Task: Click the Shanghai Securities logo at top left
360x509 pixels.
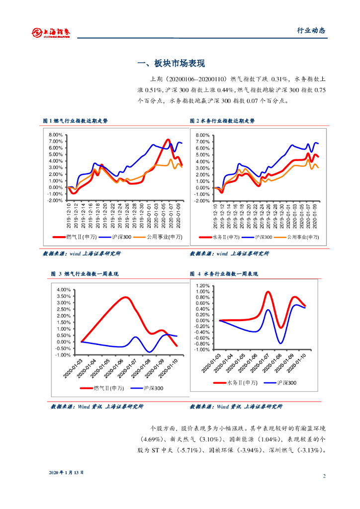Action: click(51, 32)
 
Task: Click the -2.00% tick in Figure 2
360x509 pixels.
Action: click(202, 200)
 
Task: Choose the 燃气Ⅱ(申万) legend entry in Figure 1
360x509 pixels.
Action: click(83, 237)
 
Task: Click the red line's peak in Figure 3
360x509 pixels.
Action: click(126, 298)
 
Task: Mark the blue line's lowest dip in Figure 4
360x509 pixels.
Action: click(281, 343)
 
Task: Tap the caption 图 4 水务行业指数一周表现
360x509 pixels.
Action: click(224, 274)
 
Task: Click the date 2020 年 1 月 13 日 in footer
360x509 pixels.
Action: click(66, 472)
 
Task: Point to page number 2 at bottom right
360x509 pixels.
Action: click(324, 476)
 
